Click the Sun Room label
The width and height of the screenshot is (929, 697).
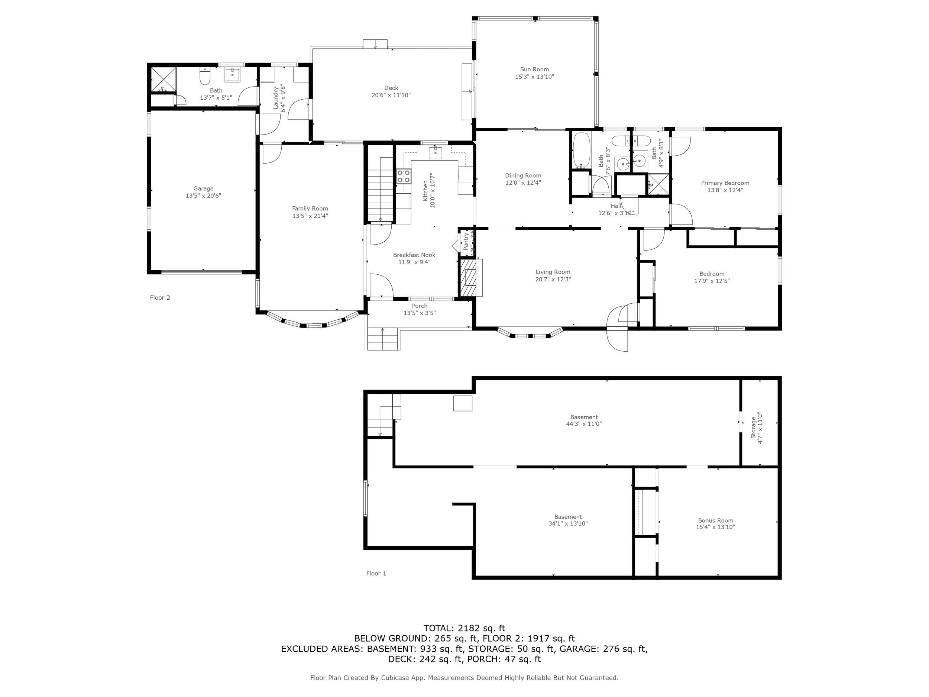534,69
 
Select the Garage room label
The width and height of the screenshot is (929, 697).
203,188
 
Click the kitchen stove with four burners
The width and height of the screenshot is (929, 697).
404,176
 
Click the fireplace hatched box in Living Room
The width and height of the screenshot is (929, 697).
469,278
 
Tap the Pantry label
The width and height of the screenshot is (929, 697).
466,242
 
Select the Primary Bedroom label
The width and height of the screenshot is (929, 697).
725,183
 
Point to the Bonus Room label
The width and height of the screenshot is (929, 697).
715,520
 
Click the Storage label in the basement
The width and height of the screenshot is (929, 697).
754,428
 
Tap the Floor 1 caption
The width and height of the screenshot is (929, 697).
376,573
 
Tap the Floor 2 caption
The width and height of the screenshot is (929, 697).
160,297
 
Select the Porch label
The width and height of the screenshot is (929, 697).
420,306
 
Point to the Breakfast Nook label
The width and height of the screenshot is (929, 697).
414,255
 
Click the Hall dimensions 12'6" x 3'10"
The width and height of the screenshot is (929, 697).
616,213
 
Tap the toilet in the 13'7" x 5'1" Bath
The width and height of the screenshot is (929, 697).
204,77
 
